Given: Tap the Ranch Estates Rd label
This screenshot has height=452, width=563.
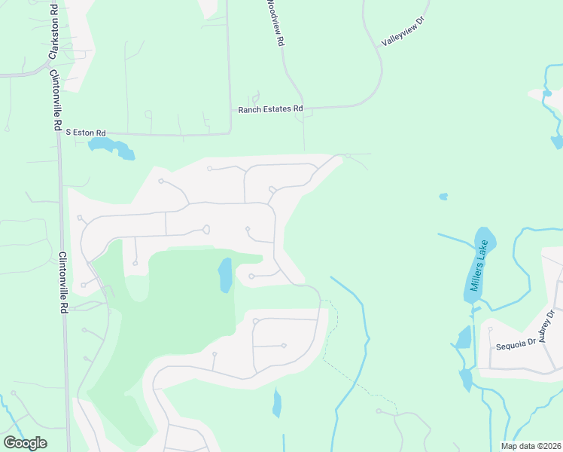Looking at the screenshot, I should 270,109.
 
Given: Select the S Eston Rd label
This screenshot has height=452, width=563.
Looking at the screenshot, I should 86,131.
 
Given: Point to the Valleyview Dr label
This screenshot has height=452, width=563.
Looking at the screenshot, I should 403,33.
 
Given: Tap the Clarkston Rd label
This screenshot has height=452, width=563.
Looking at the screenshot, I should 53,32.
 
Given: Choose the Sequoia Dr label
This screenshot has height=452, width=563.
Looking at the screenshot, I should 515,346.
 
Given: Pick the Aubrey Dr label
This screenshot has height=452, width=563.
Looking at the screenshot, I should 546,326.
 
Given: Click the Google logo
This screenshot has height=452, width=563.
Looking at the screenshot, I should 25,443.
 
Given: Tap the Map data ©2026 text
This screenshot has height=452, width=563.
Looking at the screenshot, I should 531,446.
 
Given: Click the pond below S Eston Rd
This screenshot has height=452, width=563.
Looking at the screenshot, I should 112,148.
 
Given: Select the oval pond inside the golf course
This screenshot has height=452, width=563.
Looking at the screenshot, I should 225,275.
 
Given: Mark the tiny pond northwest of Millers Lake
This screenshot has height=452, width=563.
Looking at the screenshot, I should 443,197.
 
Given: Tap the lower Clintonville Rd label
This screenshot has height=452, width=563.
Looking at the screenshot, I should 64,282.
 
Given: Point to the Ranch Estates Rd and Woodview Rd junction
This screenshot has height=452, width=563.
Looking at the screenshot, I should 303,108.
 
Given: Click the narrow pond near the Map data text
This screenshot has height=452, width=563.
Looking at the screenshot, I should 277,403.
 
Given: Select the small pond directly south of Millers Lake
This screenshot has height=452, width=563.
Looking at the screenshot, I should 464,337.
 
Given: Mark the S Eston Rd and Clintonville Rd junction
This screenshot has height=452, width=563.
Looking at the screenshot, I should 59,134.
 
